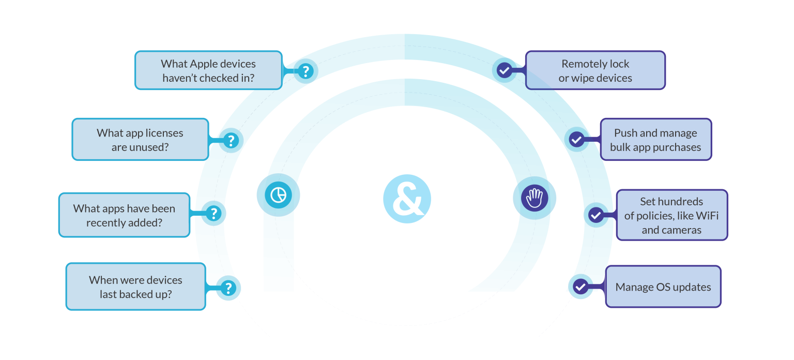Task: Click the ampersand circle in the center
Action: pos(407,199)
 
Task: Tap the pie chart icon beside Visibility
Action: pos(279,194)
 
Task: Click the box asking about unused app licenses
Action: pos(140,140)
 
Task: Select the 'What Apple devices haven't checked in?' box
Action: pos(208,70)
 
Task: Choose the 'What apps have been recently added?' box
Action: pos(124,215)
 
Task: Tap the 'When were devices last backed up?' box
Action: pos(135,287)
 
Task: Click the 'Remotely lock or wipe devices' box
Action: pos(595,71)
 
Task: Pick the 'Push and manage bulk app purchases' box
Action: pos(655,140)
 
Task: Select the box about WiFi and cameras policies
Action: pos(671,215)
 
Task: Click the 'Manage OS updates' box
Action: pos(663,287)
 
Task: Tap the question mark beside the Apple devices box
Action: pos(306,71)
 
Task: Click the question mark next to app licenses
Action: pos(231,140)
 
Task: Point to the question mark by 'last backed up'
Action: pos(228,288)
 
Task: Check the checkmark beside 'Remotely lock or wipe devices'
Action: pos(504,70)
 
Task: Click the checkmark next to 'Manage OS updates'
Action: pos(581,286)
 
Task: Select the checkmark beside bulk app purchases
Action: pos(576,139)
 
